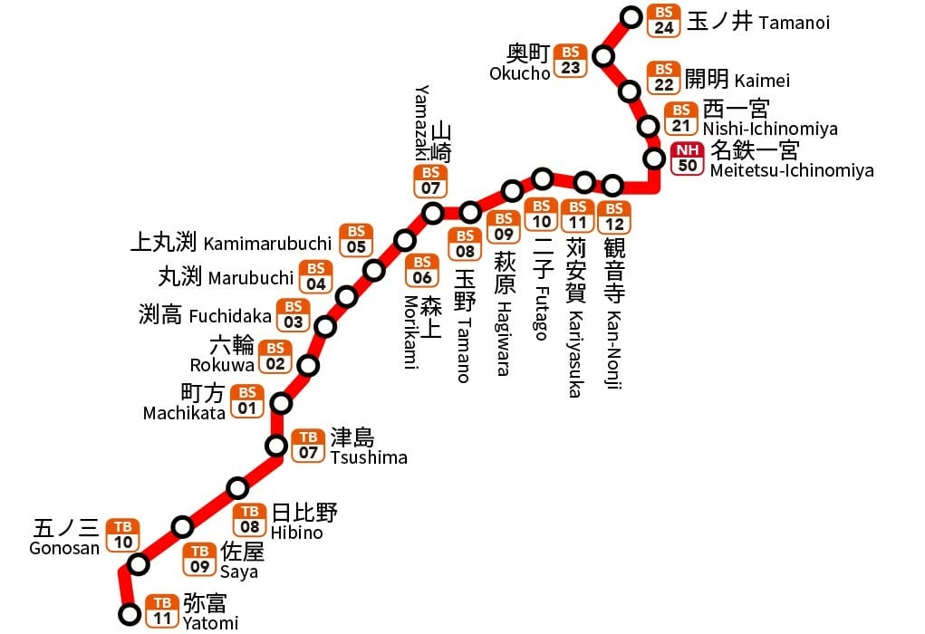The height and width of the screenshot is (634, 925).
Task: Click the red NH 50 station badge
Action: (688, 158)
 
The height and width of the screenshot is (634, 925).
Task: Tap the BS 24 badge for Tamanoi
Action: (664, 20)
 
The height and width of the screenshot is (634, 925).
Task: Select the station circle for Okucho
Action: (603, 57)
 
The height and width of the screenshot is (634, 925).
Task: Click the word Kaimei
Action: (763, 81)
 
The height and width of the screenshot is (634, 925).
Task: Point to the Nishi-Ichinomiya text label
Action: (770, 129)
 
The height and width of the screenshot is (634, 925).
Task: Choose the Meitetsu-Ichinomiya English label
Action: (792, 170)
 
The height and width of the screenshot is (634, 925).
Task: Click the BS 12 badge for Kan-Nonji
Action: (613, 216)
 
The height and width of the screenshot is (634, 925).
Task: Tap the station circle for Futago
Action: (542, 178)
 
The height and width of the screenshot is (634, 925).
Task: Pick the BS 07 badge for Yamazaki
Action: (430, 181)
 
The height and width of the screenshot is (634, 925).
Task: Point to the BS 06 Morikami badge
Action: (421, 270)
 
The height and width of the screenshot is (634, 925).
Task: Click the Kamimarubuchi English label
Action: (267, 244)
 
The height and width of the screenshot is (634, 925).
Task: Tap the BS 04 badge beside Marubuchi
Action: (315, 276)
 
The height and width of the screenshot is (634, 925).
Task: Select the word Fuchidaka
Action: (230, 316)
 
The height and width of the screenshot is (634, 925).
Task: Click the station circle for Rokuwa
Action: (309, 366)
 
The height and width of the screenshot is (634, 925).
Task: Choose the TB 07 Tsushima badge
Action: (308, 445)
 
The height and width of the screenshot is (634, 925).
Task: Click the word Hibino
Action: (297, 533)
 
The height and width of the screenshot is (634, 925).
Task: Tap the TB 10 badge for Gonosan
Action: (123, 535)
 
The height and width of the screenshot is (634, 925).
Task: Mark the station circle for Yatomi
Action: (130, 615)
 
